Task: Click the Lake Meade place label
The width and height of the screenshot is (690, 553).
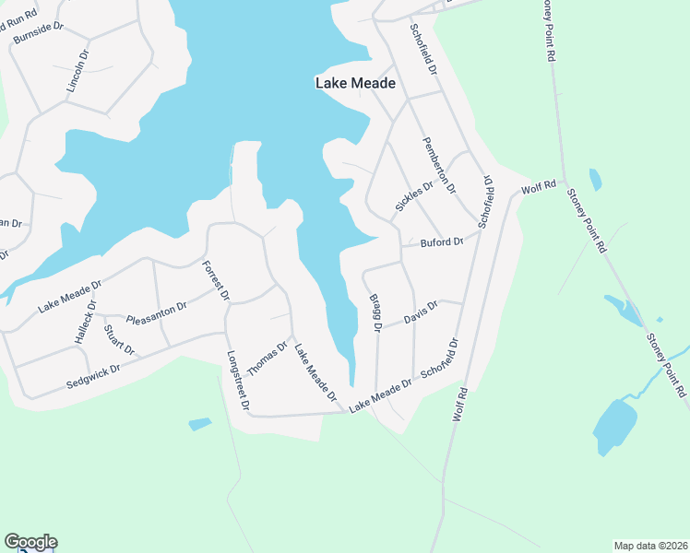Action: coord(355,83)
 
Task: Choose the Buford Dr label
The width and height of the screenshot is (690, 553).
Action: coord(441,242)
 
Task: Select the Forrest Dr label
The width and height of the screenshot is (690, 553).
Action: coord(215,282)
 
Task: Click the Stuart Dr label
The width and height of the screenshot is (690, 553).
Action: coord(119,340)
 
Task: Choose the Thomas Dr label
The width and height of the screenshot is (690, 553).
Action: coord(268,359)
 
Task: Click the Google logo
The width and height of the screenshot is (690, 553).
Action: coord(30,542)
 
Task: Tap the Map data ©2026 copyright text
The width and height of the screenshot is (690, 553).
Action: coord(650,546)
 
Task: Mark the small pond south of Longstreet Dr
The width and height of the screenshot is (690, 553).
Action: coord(199,424)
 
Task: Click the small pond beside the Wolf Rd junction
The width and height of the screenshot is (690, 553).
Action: coord(595,179)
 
